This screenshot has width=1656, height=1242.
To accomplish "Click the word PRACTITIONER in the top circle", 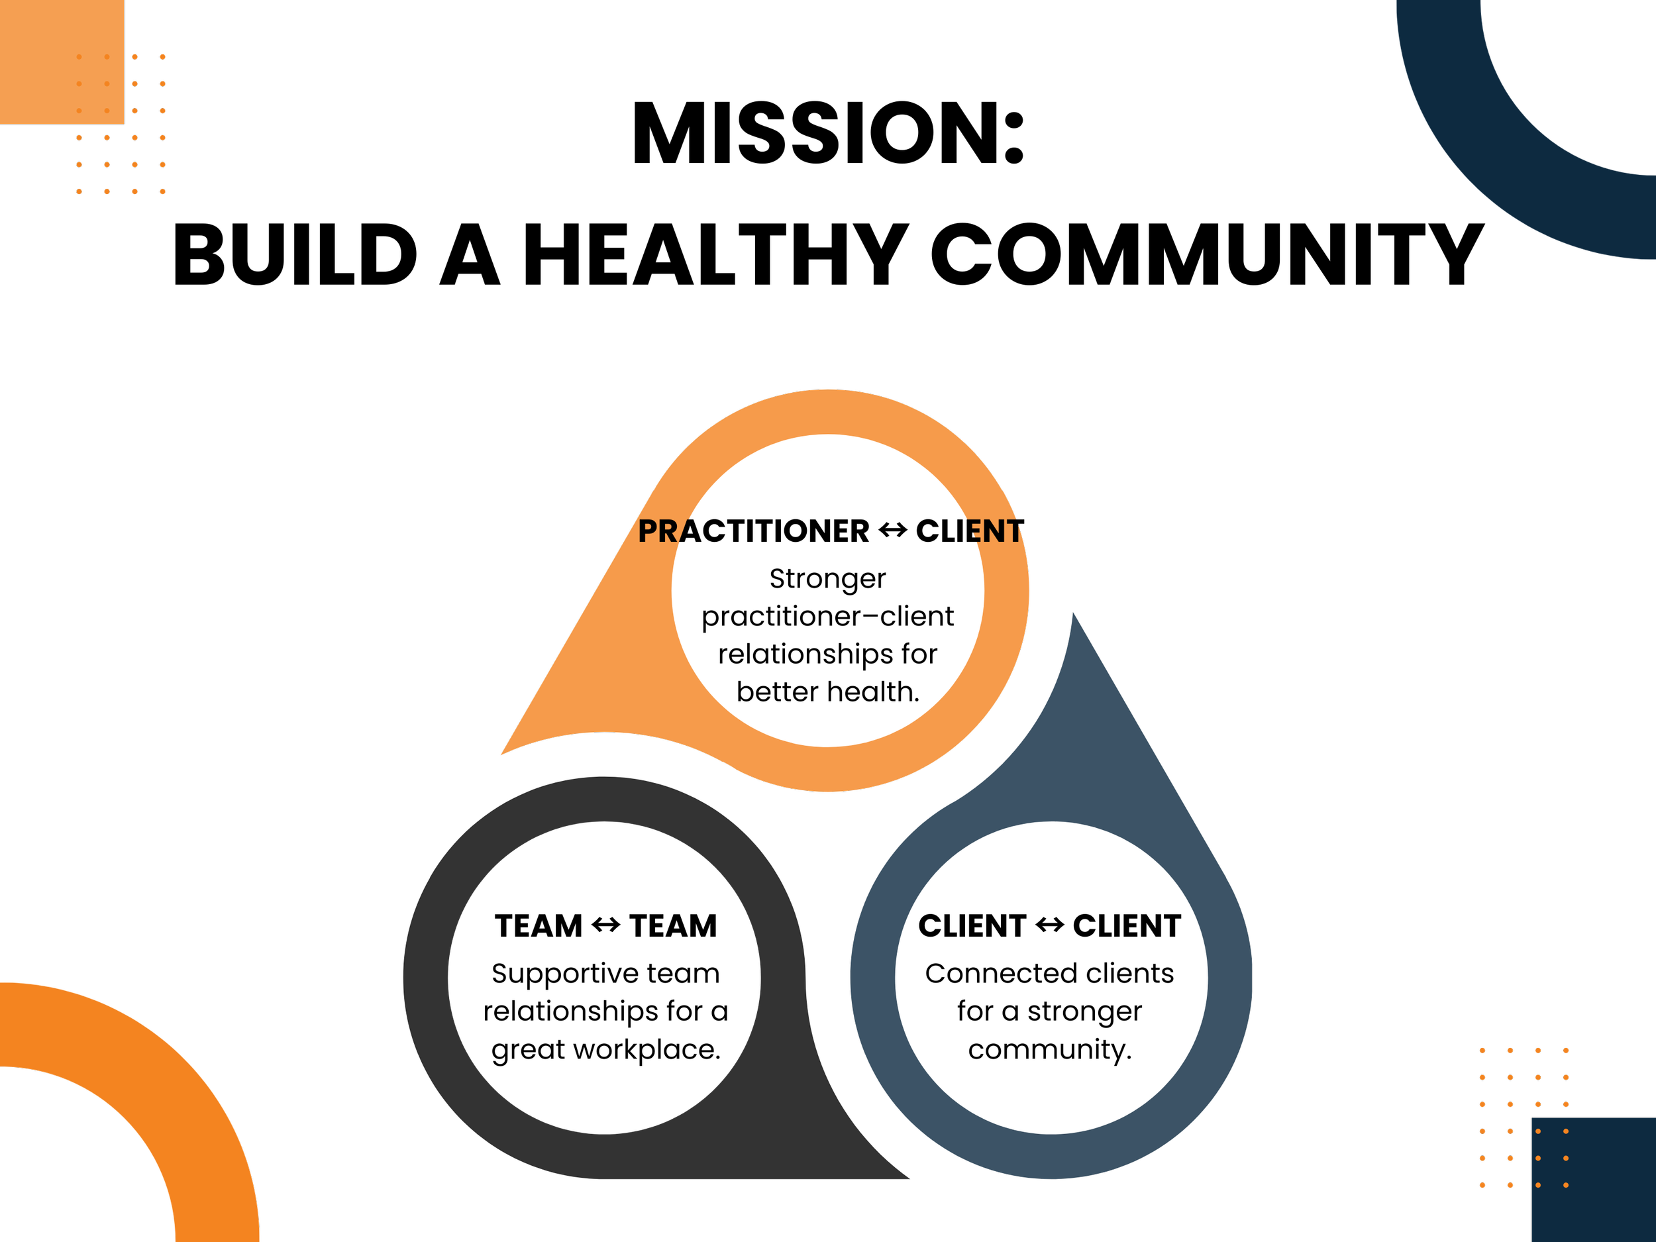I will click(753, 531).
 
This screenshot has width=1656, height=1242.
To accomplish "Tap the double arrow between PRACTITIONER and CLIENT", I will click(892, 531).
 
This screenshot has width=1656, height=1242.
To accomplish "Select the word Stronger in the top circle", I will click(827, 579).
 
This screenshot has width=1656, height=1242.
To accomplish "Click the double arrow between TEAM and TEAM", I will click(605, 925).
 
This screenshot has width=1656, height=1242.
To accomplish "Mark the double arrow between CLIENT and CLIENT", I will click(1050, 925).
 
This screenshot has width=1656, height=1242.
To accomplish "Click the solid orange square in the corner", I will click(60, 60).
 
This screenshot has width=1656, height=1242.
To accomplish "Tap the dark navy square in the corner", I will click(1594, 1183).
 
